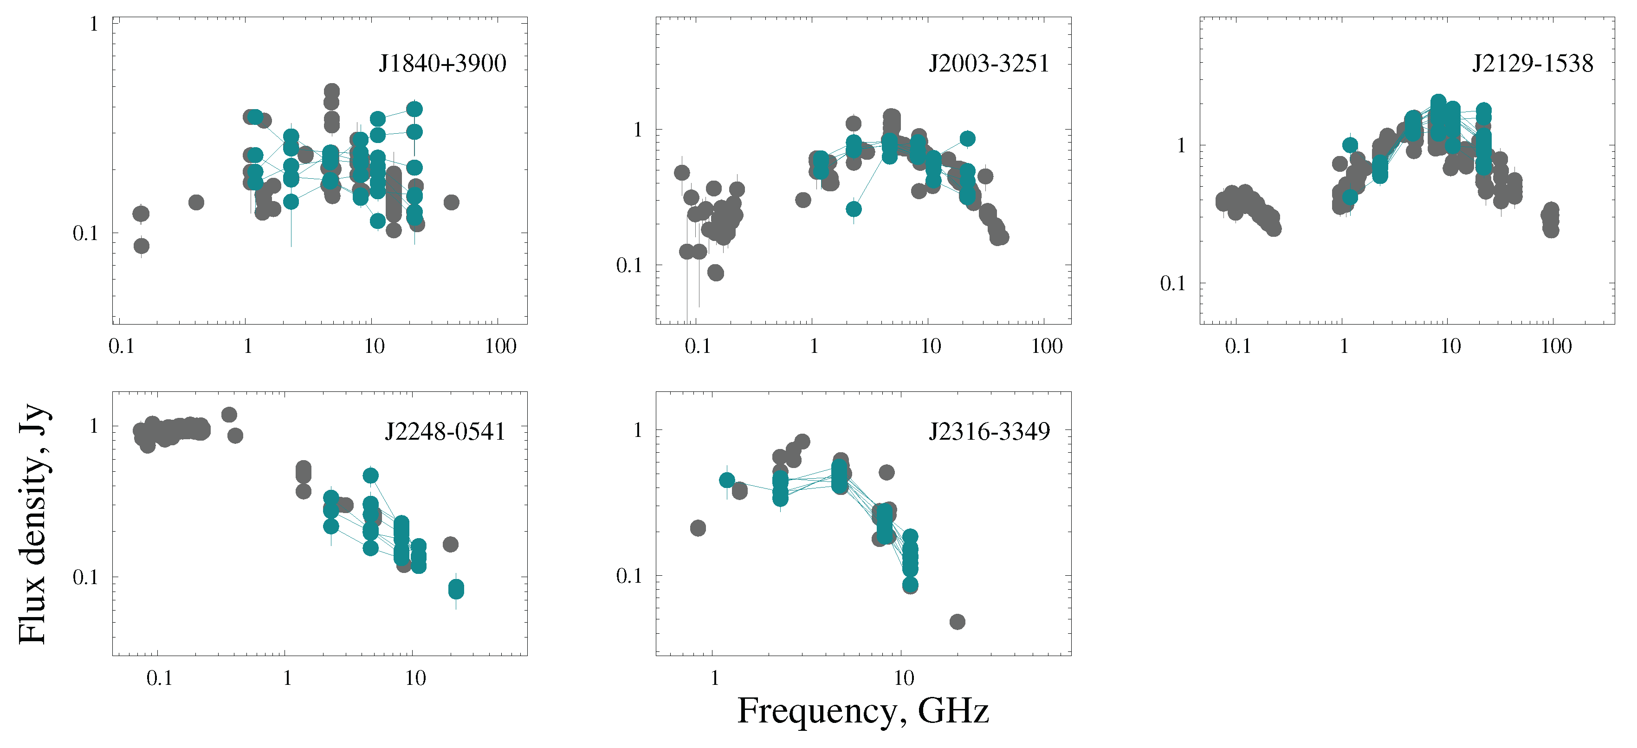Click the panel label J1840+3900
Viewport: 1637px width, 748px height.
pyautogui.click(x=442, y=64)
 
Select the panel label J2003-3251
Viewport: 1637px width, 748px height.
pyautogui.click(x=988, y=64)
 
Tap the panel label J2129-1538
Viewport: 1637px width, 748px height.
pyautogui.click(x=1532, y=64)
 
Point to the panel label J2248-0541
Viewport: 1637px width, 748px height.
pyautogui.click(x=445, y=432)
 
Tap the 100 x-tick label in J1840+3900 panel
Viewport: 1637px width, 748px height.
pyautogui.click(x=500, y=346)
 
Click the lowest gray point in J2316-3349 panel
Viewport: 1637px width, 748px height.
pyautogui.click(x=957, y=622)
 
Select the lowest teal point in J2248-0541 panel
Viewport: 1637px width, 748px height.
pyautogui.click(x=456, y=591)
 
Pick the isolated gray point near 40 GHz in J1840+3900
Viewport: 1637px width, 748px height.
pyautogui.click(x=451, y=202)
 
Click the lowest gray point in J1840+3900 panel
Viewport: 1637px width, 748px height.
pyautogui.click(x=141, y=246)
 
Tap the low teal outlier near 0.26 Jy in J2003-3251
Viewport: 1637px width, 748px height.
pyautogui.click(x=854, y=209)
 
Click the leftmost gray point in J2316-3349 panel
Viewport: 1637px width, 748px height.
pyautogui.click(x=698, y=528)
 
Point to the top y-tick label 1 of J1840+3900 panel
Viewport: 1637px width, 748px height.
pyautogui.click(x=94, y=24)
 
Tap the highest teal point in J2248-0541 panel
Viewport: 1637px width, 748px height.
pyautogui.click(x=370, y=475)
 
